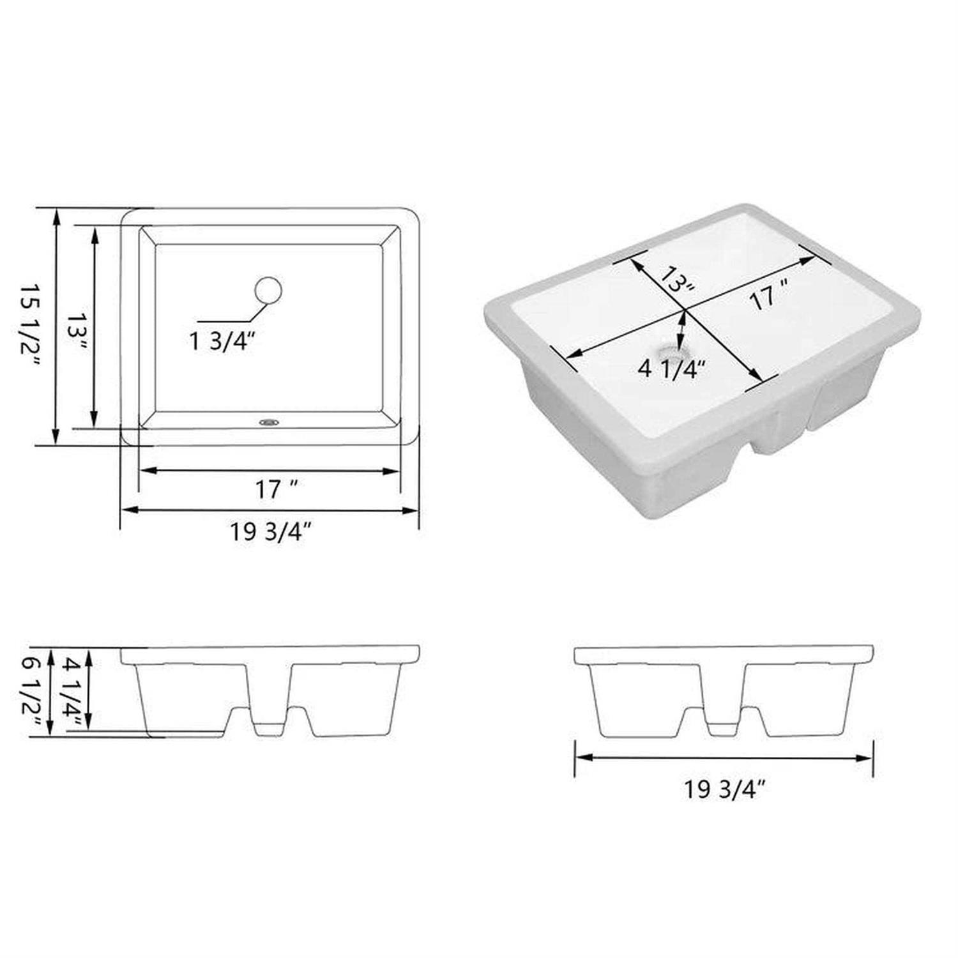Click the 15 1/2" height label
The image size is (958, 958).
[x=31, y=326]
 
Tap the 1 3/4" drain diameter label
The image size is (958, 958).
[x=222, y=342]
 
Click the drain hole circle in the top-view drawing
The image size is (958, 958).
[x=268, y=291]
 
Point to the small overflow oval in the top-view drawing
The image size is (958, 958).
[x=270, y=422]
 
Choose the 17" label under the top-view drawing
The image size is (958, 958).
[x=277, y=490]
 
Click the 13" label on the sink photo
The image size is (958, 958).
[x=676, y=280]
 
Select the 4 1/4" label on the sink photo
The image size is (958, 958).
[x=672, y=369]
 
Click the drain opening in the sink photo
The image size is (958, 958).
[x=669, y=351]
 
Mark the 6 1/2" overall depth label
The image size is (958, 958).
[x=31, y=692]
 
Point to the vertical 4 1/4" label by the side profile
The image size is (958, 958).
[x=72, y=692]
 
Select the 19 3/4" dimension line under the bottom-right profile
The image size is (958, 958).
[x=724, y=758]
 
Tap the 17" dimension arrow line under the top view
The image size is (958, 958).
[x=269, y=471]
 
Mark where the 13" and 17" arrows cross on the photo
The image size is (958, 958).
[x=685, y=310]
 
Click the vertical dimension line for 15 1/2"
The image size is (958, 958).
[x=56, y=326]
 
